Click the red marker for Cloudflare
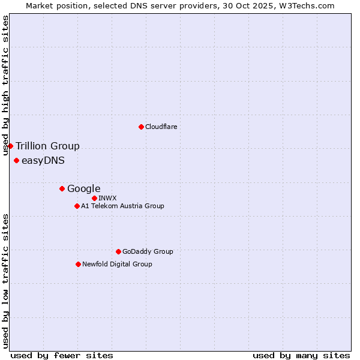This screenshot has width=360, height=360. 141,127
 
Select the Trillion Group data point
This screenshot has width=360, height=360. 10,146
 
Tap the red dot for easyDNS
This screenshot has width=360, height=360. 16,160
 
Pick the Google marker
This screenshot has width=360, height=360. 62,188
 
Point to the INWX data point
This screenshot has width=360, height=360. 94,198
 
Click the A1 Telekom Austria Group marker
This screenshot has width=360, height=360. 77,206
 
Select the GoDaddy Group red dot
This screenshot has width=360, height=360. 118,251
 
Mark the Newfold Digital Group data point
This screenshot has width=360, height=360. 78,264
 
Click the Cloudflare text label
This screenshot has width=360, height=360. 161,127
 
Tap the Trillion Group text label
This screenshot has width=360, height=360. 47,146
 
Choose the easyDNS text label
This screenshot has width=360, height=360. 43,160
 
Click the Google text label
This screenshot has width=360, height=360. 84,188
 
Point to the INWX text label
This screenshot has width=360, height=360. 108,198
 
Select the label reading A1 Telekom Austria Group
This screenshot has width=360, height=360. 122,206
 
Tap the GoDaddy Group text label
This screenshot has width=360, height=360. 148,251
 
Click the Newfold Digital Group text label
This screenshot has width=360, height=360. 117,264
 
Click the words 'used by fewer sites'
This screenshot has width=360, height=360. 62,355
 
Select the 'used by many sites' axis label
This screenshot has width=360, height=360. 301,355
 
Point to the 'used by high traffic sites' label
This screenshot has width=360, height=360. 6,85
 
